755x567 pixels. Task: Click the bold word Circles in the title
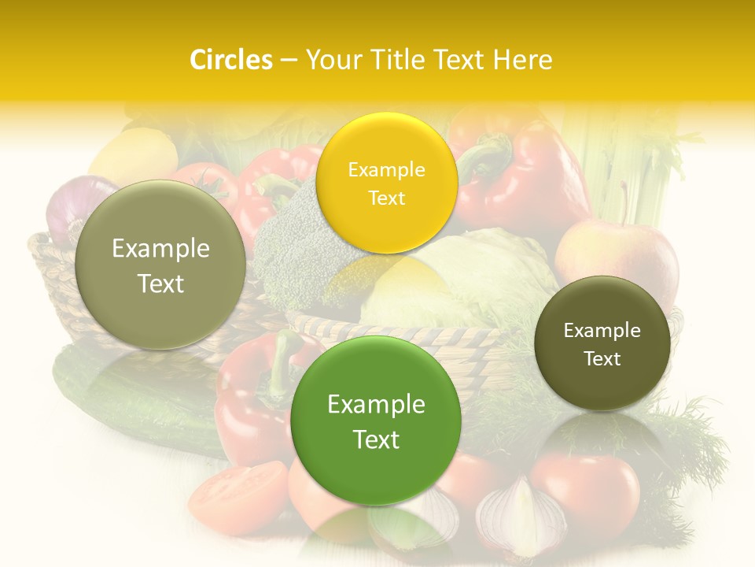[x=231, y=60]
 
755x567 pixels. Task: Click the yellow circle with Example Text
[x=386, y=183]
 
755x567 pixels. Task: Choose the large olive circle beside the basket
[x=160, y=265]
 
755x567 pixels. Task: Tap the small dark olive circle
[x=602, y=343]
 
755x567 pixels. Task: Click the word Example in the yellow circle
[x=386, y=169]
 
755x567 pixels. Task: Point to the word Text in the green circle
[x=376, y=439]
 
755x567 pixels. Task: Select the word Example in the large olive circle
[x=160, y=249]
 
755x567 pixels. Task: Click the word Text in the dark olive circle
[x=602, y=359]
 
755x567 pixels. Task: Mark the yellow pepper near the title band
[x=134, y=157]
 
